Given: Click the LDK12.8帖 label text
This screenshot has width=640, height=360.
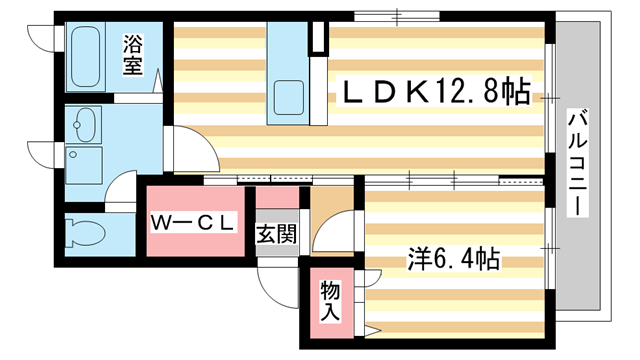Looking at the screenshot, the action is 437,93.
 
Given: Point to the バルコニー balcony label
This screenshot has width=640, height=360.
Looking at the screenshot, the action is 577,164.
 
